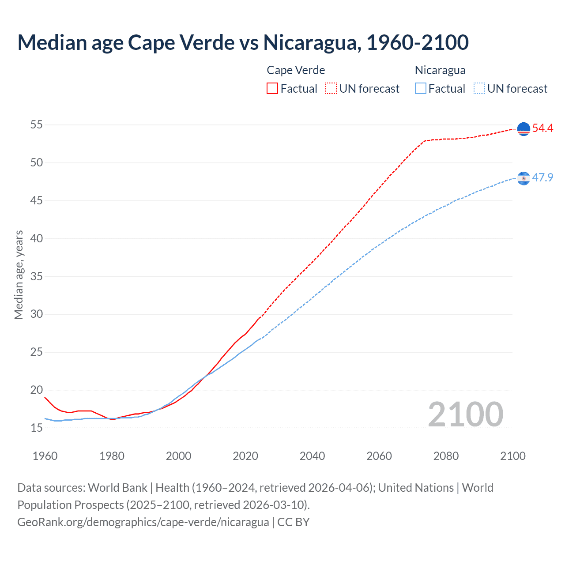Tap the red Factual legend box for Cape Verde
272,89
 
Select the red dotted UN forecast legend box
331,89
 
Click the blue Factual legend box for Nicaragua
421,89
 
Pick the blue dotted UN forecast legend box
479,89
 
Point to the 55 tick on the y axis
37,125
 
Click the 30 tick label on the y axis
37,314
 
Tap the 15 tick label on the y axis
37,428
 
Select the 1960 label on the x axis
45,456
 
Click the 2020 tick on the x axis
245,456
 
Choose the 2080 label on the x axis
446,456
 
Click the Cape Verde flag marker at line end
524,129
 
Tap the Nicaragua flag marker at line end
524,178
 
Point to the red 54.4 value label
542,128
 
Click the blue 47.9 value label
542,177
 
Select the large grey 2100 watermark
465,414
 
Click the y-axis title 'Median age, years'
19,275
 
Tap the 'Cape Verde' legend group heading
296,70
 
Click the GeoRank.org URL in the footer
143,522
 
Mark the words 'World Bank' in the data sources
117,488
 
